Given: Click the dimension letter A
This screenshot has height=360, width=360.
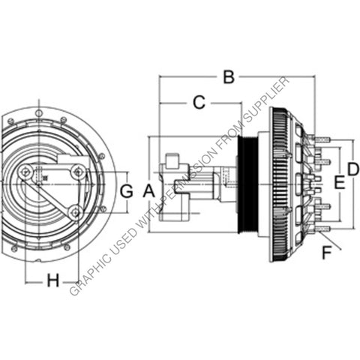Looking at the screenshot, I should point(148,190).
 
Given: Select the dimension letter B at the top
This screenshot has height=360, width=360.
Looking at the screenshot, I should point(229,76).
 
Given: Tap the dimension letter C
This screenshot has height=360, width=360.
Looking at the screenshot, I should point(199,103).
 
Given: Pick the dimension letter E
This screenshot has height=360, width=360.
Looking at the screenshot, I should point(338,181).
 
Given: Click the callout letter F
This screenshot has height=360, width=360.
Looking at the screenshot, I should point(325,253).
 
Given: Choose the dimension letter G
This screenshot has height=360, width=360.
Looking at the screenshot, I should point(127,190).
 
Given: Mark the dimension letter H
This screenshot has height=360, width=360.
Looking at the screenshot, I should point(52,280).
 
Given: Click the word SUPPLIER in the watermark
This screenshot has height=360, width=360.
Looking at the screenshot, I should point(263,102).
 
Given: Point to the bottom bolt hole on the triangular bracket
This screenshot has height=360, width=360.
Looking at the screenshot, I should point(73,212).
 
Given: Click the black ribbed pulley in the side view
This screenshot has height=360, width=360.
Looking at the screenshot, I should point(244,184).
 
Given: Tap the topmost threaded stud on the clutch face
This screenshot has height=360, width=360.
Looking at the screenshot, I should point(322,138).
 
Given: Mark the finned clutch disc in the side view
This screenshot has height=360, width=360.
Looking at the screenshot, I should point(280,184).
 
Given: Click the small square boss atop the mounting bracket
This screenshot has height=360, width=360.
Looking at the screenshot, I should point(171,159).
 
